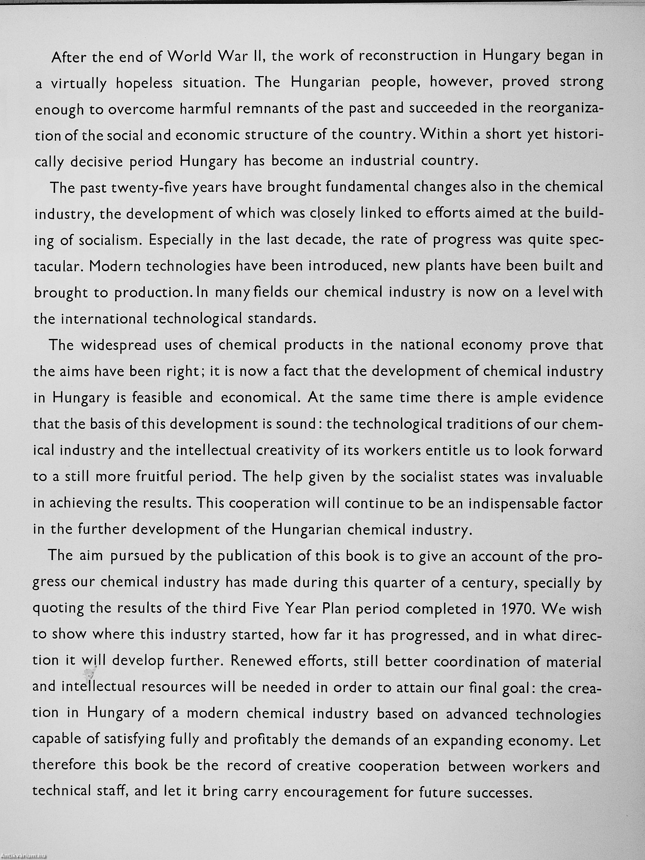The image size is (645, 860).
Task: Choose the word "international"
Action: tap(104, 319)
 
